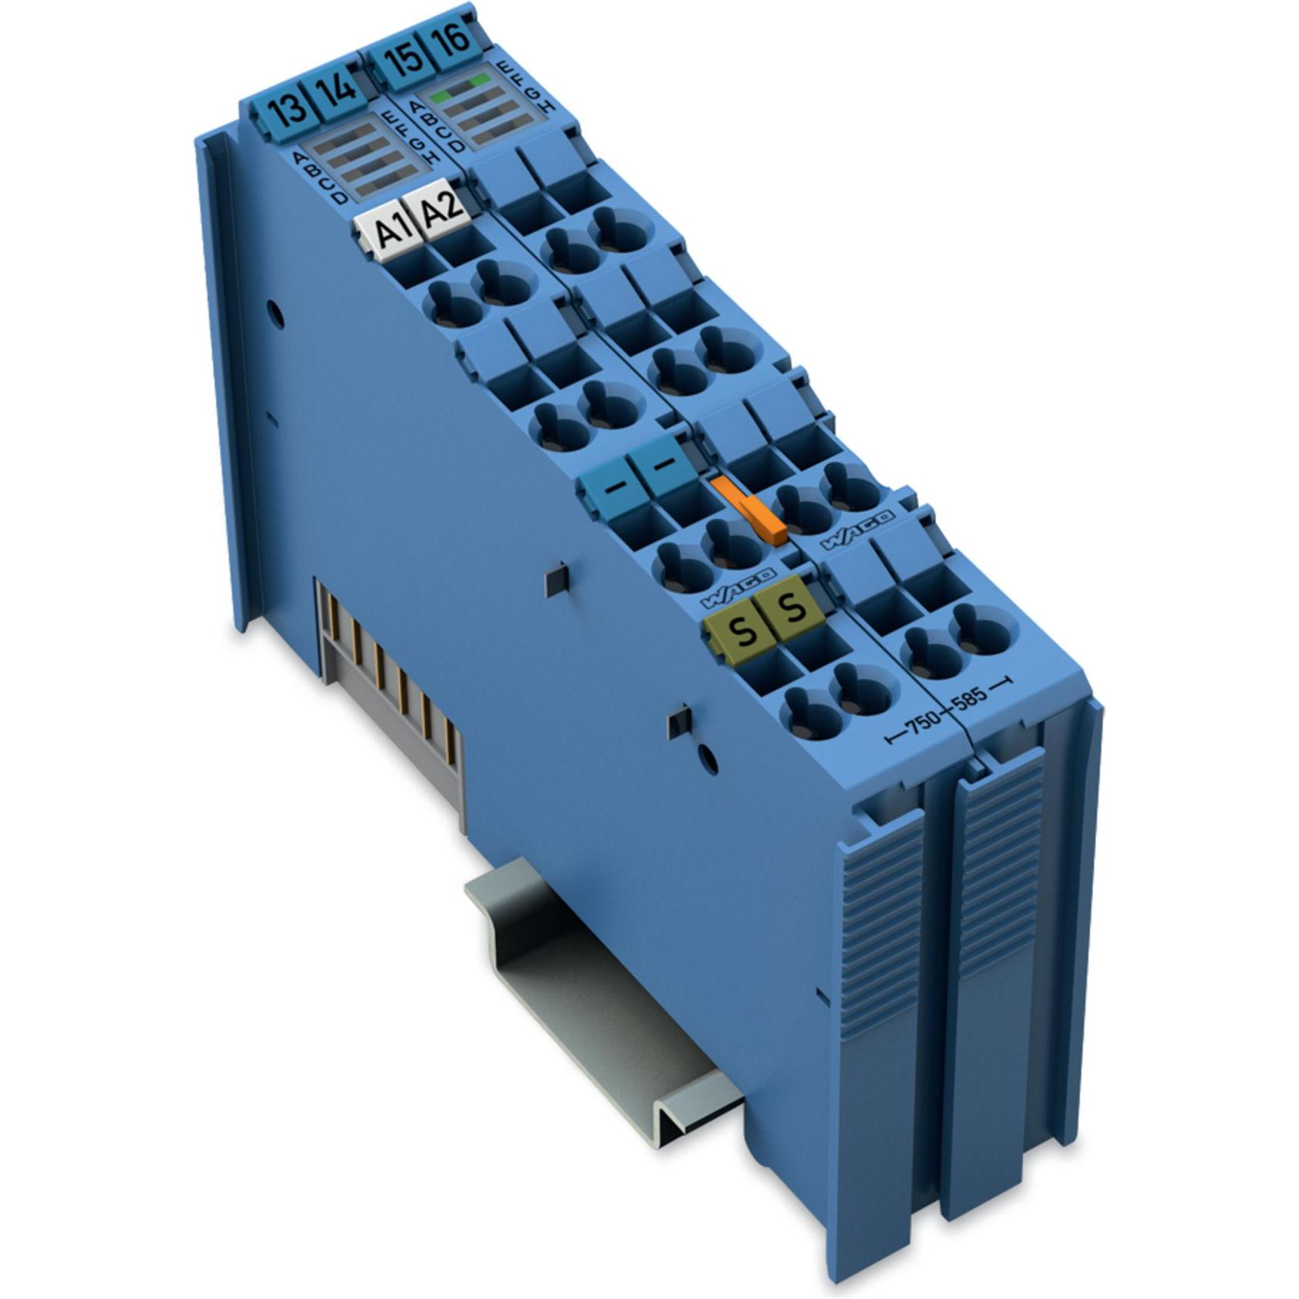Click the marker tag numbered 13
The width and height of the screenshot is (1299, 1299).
[x=288, y=109]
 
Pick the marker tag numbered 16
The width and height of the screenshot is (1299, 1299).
[x=454, y=38]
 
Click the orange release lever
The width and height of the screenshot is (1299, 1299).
[x=747, y=508]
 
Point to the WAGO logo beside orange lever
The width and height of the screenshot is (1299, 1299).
[x=856, y=530]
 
